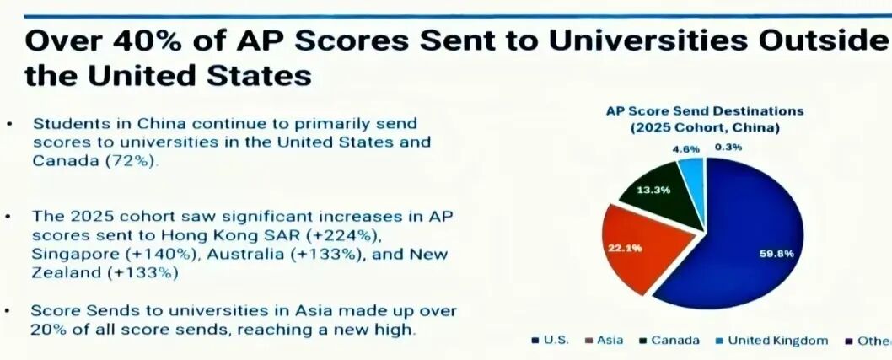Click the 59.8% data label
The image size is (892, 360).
pos(776,252)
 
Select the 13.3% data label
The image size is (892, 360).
pos(653,190)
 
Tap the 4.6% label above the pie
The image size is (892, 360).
pos(685,148)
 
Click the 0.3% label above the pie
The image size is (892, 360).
pos(728,148)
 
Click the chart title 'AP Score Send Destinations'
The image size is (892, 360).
pos(705,110)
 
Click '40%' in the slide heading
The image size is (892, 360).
pos(157,40)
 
